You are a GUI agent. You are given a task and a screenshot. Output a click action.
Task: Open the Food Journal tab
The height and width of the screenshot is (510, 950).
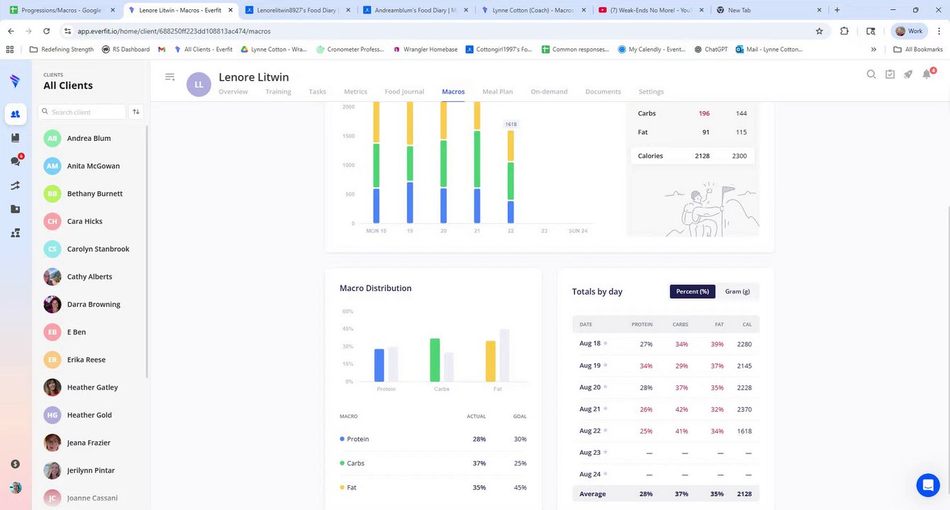(x=404, y=91)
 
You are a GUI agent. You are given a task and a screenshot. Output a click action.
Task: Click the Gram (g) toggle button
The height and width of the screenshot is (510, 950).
(x=737, y=291)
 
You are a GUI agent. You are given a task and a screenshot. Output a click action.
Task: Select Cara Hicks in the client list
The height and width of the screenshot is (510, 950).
(x=84, y=221)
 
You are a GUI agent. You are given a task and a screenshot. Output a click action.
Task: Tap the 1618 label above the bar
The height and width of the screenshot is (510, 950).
(x=510, y=125)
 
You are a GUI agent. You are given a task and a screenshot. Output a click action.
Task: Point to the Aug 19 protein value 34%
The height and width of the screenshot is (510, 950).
(x=646, y=366)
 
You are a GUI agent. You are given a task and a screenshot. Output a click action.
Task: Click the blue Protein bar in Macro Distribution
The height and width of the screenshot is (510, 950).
(x=379, y=365)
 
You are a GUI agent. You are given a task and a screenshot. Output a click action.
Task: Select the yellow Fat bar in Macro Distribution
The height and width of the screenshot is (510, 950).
(x=490, y=361)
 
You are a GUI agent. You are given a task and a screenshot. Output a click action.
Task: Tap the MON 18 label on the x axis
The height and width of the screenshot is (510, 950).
(x=376, y=231)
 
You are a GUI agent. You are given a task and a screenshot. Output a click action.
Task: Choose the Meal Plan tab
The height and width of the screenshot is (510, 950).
(x=497, y=91)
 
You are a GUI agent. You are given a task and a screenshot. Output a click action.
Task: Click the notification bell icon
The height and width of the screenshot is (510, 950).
(x=927, y=74)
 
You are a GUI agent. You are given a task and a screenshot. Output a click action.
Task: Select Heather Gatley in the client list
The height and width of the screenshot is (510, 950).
(x=92, y=387)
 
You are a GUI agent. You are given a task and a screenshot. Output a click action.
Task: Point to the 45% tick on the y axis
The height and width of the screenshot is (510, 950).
(x=347, y=329)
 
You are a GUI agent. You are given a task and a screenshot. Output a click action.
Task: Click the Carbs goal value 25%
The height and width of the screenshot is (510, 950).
(x=520, y=463)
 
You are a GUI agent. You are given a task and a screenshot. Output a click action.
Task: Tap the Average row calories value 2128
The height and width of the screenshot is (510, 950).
(x=744, y=494)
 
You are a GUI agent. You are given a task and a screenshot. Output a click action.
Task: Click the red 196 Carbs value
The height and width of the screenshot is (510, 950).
(x=703, y=113)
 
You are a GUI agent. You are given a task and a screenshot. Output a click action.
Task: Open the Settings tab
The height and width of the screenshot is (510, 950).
(x=651, y=91)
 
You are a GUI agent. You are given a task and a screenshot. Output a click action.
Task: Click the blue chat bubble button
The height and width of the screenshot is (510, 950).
(x=927, y=485)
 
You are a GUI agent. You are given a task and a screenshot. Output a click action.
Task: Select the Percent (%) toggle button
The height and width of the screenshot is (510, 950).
(x=692, y=291)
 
